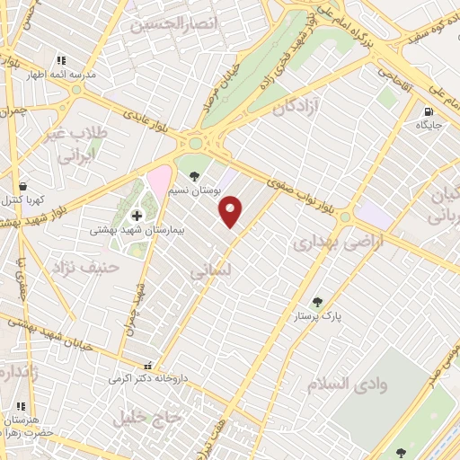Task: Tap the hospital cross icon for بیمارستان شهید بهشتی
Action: click(x=137, y=215)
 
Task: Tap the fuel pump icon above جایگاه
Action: click(x=428, y=112)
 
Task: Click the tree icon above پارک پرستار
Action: click(x=316, y=302)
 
